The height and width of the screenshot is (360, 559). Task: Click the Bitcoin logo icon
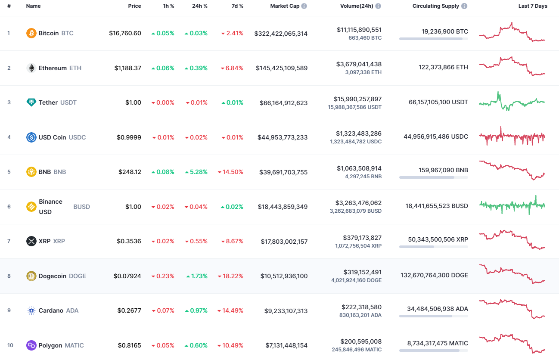click(x=31, y=33)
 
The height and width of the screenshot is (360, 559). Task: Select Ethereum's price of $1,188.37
click(x=127, y=68)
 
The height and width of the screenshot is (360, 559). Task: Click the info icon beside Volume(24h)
click(x=378, y=6)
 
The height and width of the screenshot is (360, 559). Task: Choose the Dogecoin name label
click(x=52, y=276)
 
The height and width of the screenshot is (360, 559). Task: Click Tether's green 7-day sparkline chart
click(x=512, y=102)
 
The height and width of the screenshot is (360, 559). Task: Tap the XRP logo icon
click(x=31, y=241)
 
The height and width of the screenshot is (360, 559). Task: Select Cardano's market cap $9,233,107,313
click(x=284, y=310)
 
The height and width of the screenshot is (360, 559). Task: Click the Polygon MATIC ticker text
click(x=74, y=345)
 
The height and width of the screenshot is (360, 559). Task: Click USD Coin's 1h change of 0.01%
click(x=163, y=137)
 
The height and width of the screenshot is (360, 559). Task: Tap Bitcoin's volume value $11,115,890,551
click(x=359, y=30)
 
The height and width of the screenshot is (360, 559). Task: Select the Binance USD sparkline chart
click(x=512, y=205)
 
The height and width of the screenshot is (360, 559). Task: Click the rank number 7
click(x=9, y=241)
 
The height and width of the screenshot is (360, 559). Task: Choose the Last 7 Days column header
click(x=533, y=6)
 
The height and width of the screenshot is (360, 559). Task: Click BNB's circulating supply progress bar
click(x=433, y=177)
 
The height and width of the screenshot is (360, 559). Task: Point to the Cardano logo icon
click(x=31, y=310)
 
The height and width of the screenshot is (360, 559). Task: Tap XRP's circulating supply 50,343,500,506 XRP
click(x=438, y=239)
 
